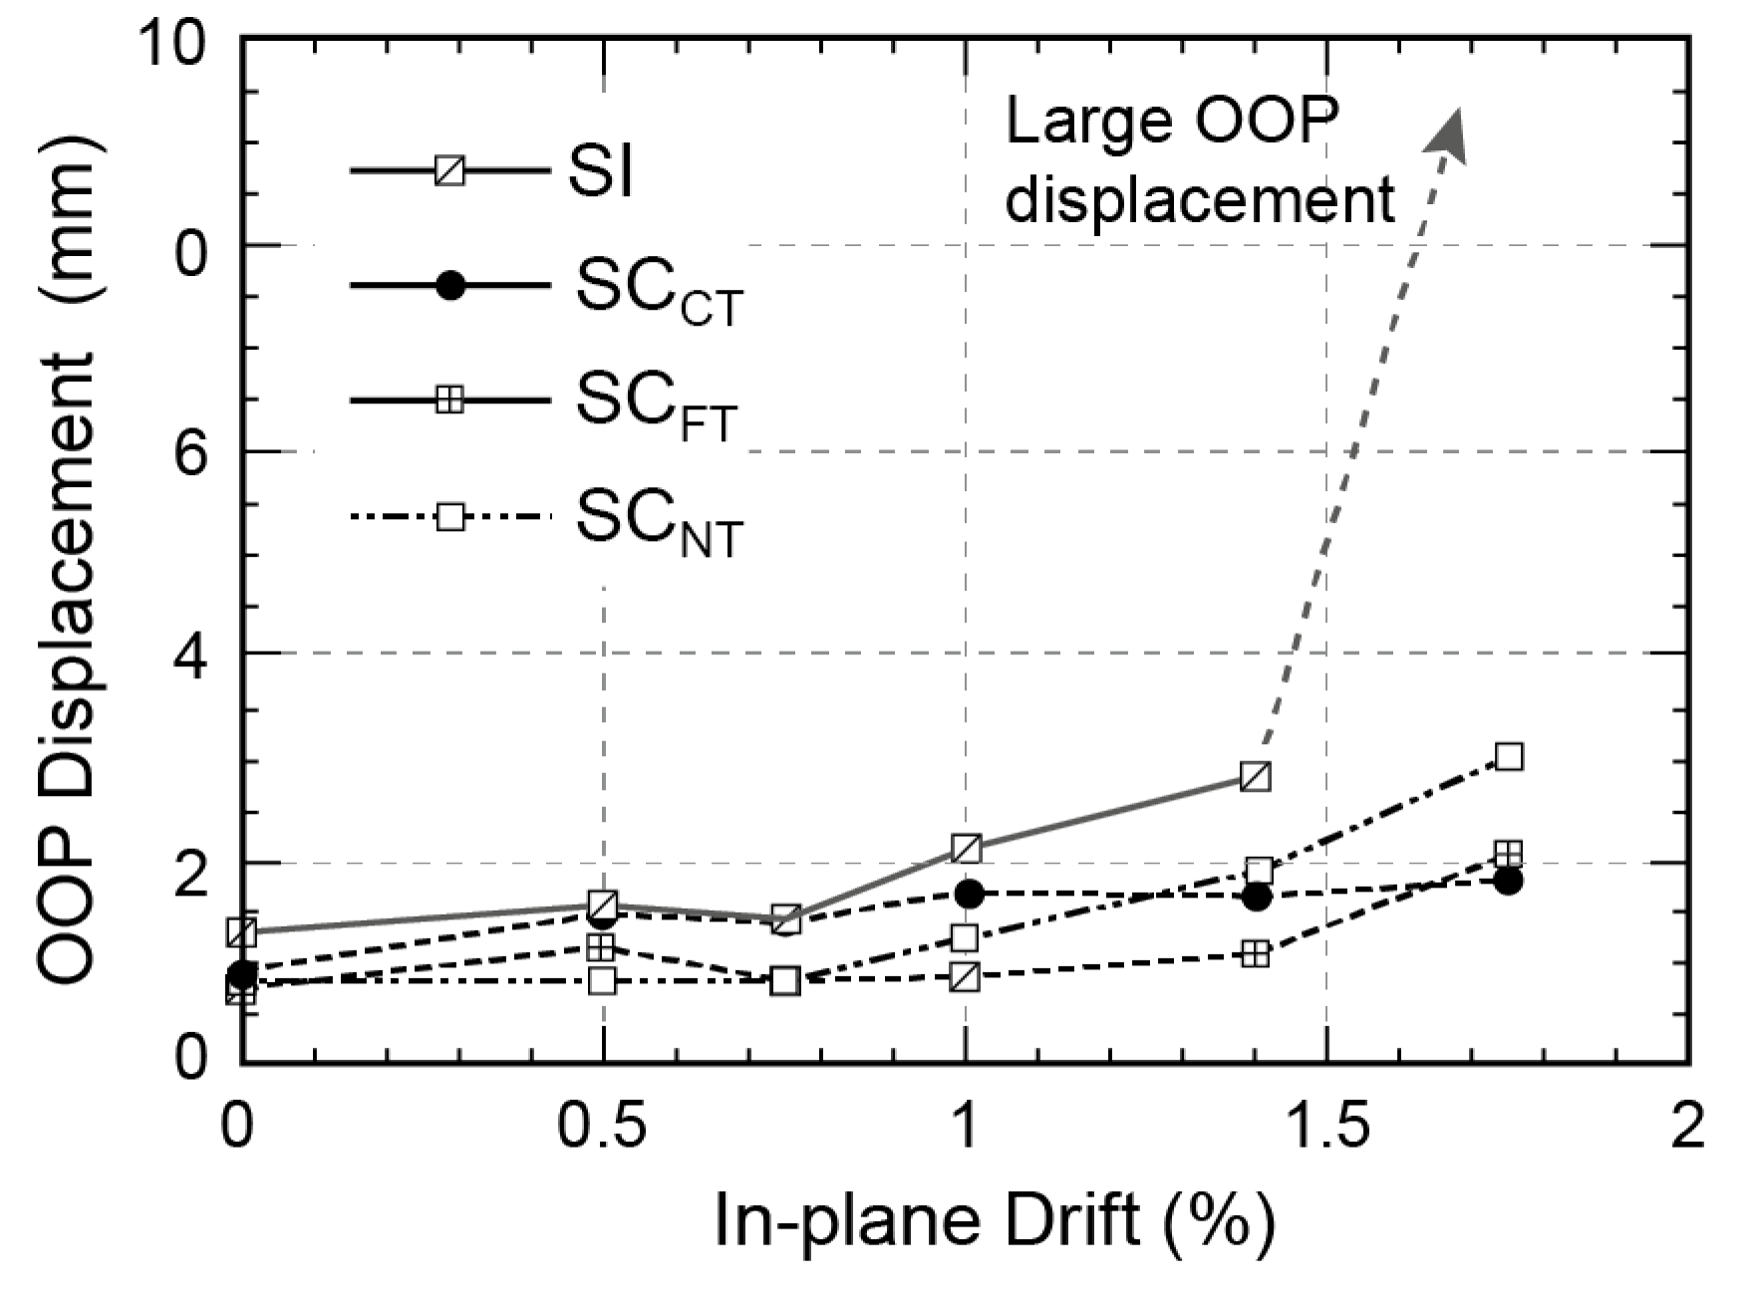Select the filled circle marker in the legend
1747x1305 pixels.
[450, 286]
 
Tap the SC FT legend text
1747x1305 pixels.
[656, 404]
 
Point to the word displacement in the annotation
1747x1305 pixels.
[1199, 201]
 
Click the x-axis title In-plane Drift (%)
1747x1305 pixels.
[994, 1221]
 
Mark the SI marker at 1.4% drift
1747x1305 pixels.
[1256, 776]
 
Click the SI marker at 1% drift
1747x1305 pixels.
[966, 849]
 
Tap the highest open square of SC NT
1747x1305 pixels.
[1509, 757]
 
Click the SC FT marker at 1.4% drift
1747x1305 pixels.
[1256, 954]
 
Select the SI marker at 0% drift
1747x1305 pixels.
[241, 932]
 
